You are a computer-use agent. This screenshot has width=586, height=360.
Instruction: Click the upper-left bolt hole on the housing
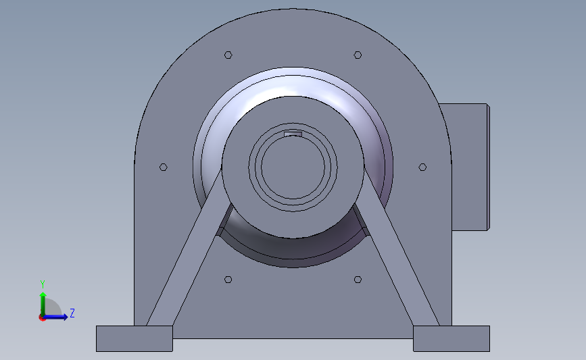pos(228,55)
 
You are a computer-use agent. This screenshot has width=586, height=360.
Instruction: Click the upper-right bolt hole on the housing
pos(358,55)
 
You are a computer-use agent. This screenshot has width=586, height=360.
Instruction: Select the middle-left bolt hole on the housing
pos(163,167)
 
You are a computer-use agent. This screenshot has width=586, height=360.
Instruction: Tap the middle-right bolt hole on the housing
pos(422,167)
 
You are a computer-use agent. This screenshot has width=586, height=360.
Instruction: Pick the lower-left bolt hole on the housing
pos(228,279)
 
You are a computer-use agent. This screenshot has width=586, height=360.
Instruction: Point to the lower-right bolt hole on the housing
pos(358,279)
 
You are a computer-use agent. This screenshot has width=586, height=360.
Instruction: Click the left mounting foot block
pos(134,338)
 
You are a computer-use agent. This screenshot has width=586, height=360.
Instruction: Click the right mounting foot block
pos(451,338)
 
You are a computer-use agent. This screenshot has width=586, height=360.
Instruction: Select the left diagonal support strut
pos(184,263)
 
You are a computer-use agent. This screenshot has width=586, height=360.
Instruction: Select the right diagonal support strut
pos(401,263)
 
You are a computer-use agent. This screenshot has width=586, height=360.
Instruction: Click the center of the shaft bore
pos(293,167)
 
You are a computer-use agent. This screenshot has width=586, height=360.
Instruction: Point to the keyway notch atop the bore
pos(293,134)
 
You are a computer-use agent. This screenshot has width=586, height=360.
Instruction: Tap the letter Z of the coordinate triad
pos(72,313)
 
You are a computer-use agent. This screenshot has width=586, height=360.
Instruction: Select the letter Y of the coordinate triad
pos(42,284)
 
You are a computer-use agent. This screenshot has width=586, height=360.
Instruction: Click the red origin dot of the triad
pos(42,317)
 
